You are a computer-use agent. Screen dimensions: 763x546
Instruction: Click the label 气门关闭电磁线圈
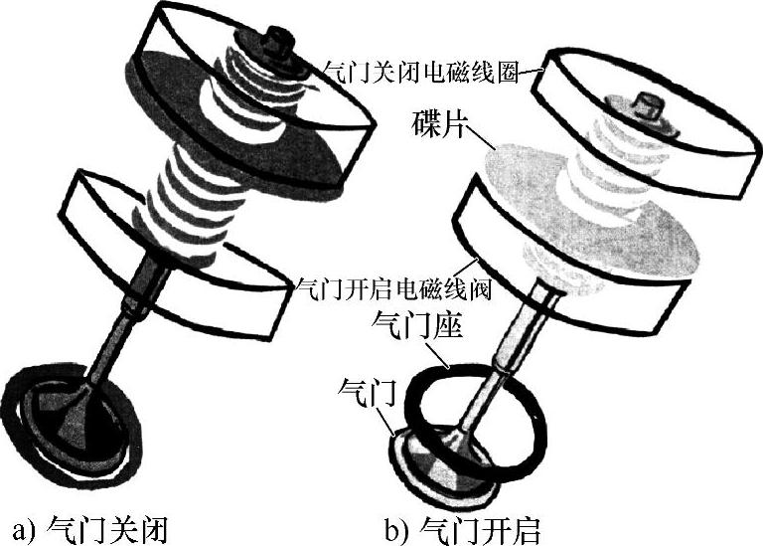point(429,71)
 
